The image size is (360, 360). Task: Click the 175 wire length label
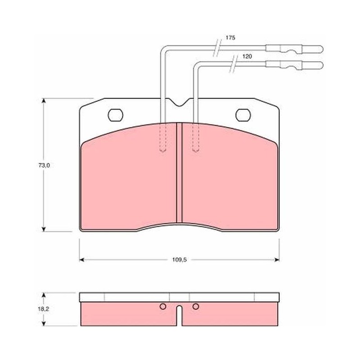point(230,38)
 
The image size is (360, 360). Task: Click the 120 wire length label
point(247,57)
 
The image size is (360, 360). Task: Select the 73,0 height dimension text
point(44,165)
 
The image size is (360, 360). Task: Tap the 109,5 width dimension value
point(180,260)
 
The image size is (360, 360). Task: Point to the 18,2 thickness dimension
point(43,309)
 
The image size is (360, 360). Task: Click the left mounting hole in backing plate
point(116,115)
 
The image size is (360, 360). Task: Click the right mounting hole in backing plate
point(243,115)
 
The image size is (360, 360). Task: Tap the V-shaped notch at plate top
point(180,103)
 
